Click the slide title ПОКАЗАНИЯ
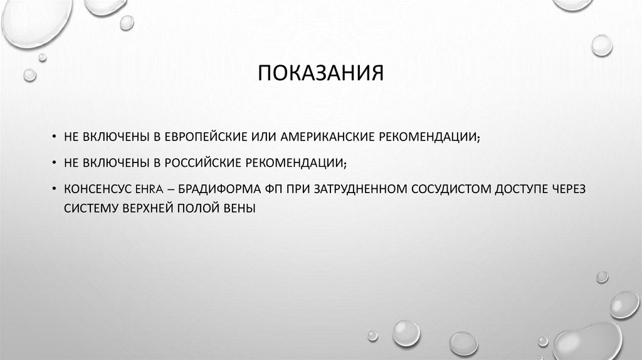coord(320,74)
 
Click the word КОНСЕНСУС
coord(92,189)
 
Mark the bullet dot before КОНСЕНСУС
coord(55,189)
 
